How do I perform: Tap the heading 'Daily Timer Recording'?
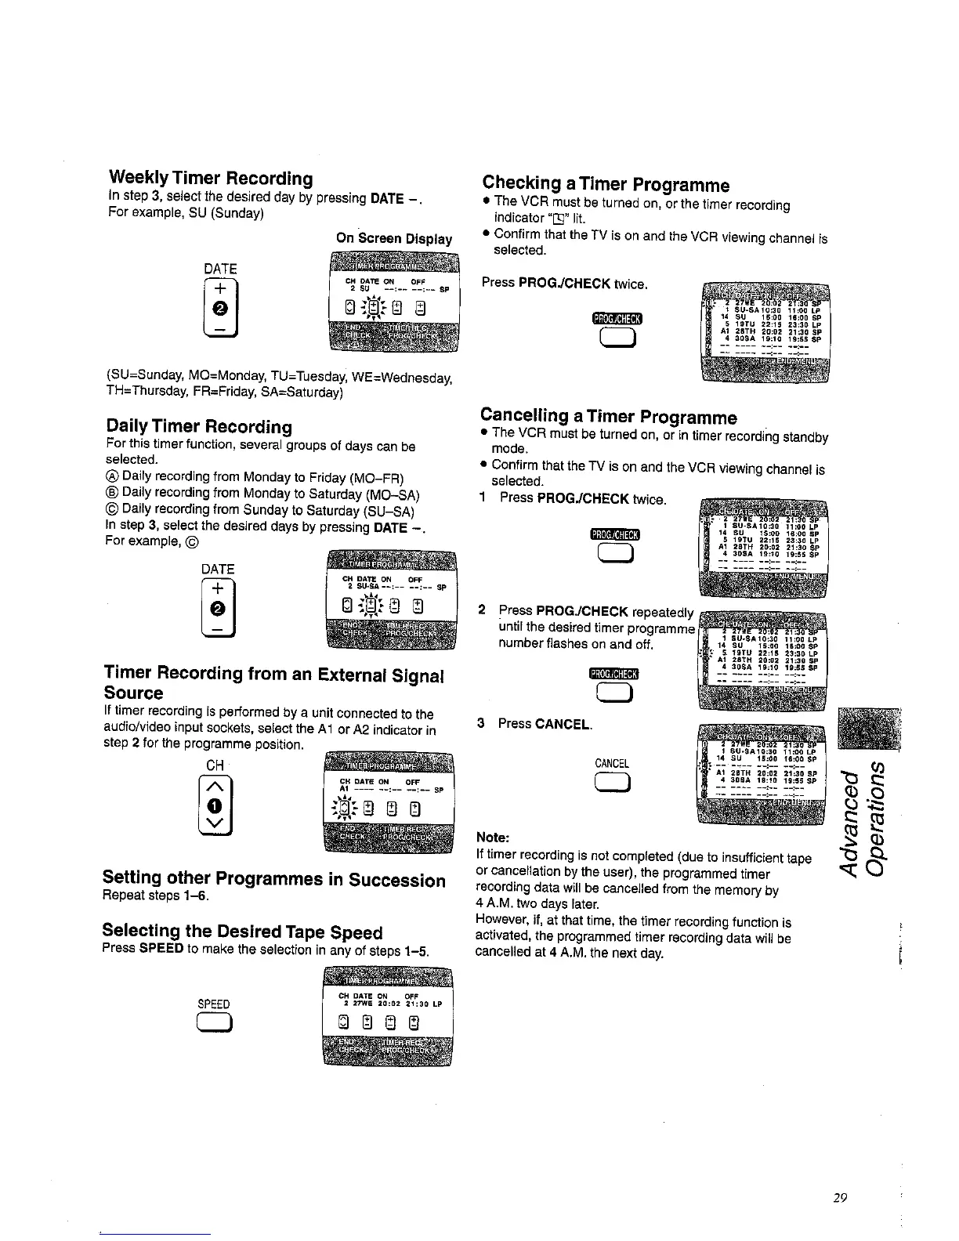pos(199,427)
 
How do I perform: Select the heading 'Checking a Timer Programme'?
pos(606,184)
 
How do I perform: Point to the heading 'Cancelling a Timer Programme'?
pos(609,417)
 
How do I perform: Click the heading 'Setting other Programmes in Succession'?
pos(274,879)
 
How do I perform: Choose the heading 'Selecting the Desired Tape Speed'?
pos(242,932)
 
